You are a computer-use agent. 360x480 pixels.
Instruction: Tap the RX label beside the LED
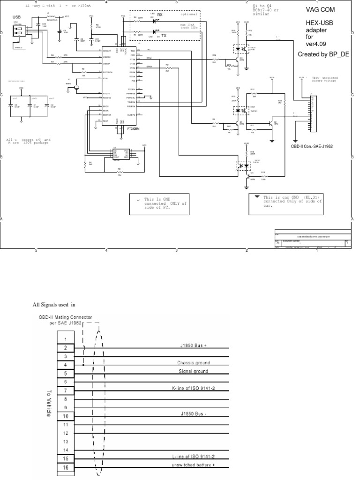click(x=160, y=15)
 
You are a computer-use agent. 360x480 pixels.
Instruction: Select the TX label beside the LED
click(x=164, y=35)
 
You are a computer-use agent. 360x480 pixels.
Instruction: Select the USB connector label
click(x=17, y=17)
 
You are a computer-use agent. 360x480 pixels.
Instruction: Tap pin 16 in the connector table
click(x=66, y=467)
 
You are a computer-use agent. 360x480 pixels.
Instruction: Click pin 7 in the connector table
click(x=66, y=390)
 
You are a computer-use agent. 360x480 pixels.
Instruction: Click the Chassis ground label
click(x=193, y=362)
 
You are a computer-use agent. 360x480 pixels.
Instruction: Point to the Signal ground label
click(x=193, y=371)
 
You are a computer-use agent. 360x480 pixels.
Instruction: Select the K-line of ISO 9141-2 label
click(x=193, y=388)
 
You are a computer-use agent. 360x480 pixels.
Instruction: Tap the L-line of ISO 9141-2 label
click(x=193, y=456)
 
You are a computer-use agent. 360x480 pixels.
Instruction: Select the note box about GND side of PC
click(x=159, y=204)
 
